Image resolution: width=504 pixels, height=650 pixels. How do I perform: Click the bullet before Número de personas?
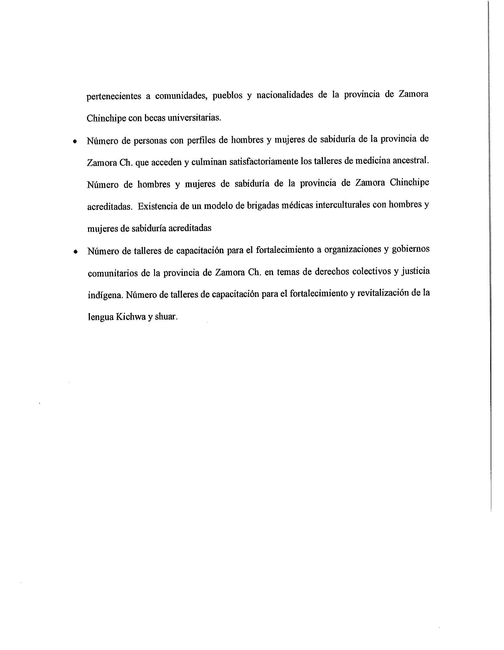click(x=75, y=141)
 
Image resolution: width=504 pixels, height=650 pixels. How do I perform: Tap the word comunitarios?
click(x=113, y=273)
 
